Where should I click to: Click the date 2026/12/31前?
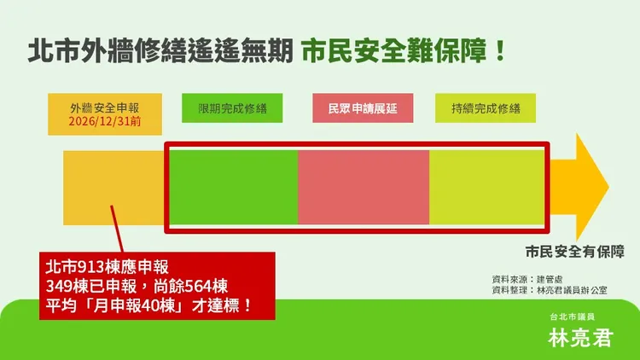pyautogui.click(x=106, y=122)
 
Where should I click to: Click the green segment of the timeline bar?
pyautogui.click(x=232, y=186)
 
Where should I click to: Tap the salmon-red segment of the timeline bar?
pyautogui.click(x=364, y=186)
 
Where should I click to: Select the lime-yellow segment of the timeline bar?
pyautogui.click(x=486, y=186)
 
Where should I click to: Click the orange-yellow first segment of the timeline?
pyautogui.click(x=113, y=186)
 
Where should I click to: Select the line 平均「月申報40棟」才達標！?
pyautogui.click(x=148, y=304)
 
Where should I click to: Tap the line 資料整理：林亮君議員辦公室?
pyautogui.click(x=550, y=291)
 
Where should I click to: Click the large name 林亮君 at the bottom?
pyautogui.click(x=580, y=337)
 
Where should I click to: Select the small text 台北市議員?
pyautogui.click(x=580, y=316)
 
